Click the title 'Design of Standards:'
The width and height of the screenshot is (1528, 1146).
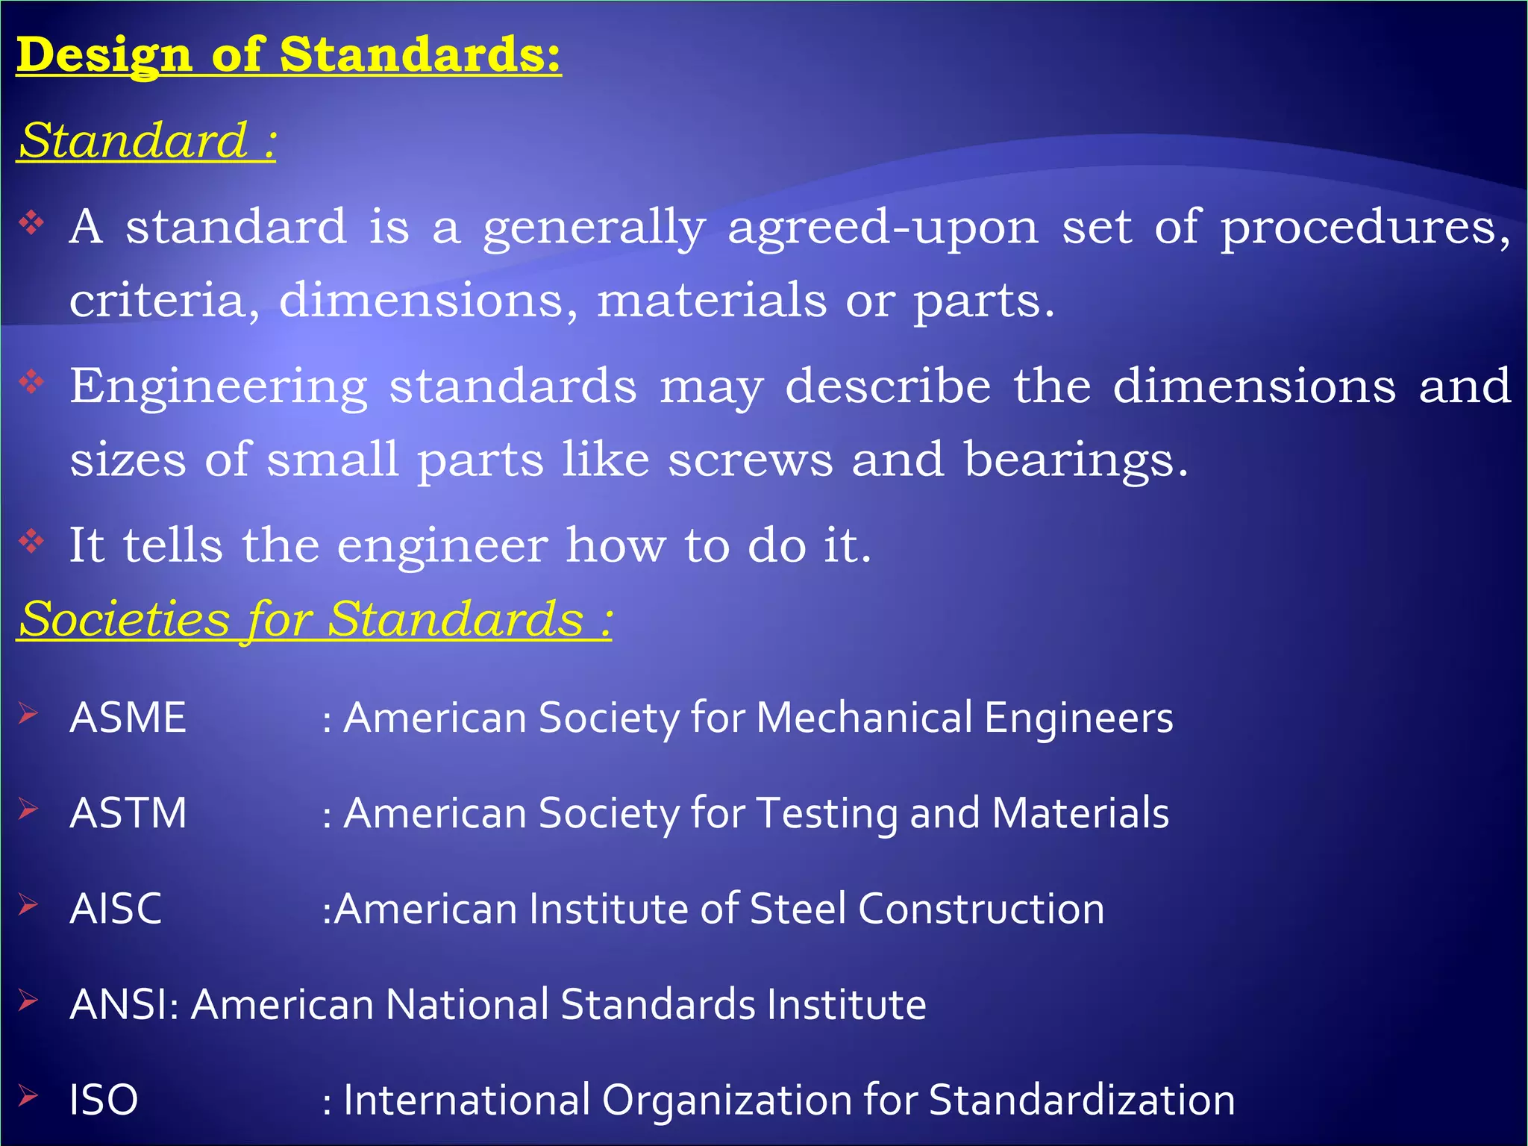(x=289, y=55)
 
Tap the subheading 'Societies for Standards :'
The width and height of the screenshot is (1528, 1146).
(x=315, y=619)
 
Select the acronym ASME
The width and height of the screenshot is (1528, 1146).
(x=128, y=718)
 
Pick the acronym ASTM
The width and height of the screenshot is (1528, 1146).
(x=128, y=813)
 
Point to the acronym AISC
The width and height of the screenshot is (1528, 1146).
(x=116, y=909)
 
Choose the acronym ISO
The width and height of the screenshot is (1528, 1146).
(x=104, y=1100)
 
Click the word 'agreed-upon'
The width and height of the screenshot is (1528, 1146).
(x=883, y=227)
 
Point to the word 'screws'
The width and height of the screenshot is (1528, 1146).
(x=750, y=459)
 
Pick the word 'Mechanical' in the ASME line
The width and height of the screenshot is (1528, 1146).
(x=864, y=718)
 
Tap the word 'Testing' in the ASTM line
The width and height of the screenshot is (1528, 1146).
(x=827, y=813)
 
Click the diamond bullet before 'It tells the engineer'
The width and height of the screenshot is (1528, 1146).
(x=32, y=541)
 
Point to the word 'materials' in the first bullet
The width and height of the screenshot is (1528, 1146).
(x=712, y=301)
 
